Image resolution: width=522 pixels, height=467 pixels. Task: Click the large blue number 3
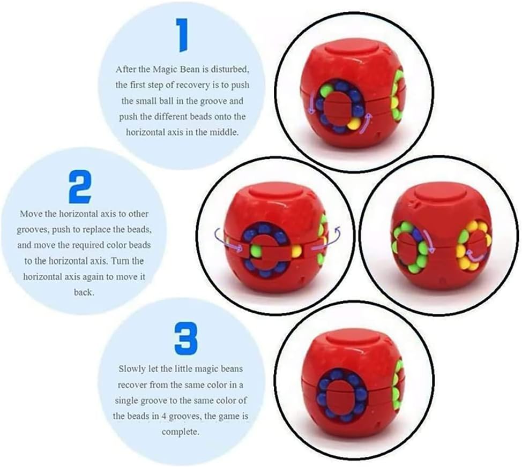pyautogui.click(x=185, y=339)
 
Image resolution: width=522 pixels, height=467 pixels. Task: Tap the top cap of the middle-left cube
pyautogui.click(x=274, y=194)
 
